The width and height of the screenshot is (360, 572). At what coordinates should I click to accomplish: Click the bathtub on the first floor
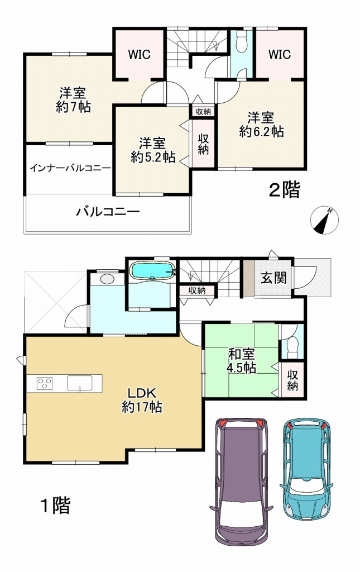tap(152, 271)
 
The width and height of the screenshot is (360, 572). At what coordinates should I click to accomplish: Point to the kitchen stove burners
tap(45, 383)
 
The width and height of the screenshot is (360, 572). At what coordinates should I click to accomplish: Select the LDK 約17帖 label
tap(142, 399)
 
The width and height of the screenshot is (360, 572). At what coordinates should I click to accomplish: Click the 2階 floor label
tap(284, 190)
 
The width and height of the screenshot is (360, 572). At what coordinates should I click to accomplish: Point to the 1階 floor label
tap(55, 506)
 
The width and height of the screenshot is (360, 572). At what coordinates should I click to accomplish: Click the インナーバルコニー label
tap(70, 168)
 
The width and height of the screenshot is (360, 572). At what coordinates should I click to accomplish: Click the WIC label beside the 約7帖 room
tap(139, 54)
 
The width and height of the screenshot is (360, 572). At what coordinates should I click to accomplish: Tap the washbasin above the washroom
tap(106, 279)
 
